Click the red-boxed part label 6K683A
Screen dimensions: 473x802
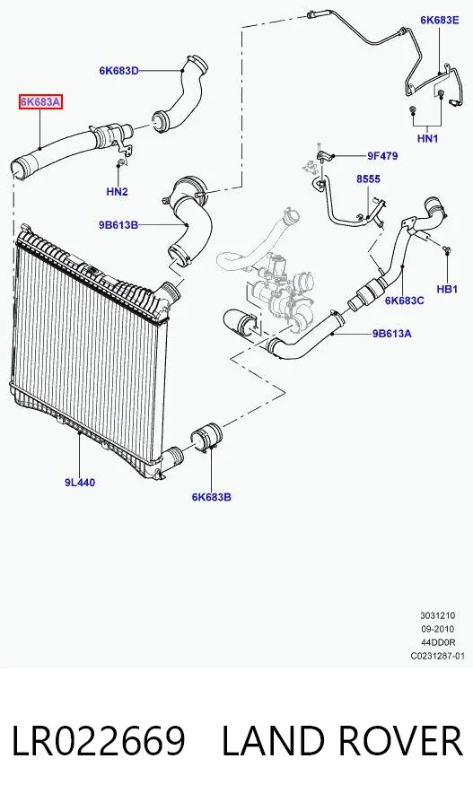point(41,102)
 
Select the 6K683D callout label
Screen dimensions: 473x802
point(118,71)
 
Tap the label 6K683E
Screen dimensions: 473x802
point(439,20)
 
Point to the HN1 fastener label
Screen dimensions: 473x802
point(427,138)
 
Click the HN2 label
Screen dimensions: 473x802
point(118,192)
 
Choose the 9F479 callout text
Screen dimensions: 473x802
point(381,156)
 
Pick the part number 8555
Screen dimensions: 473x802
point(369,179)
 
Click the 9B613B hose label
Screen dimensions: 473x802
point(118,224)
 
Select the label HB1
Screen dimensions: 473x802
point(447,290)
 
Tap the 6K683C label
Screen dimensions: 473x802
point(405,301)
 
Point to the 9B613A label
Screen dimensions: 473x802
point(391,334)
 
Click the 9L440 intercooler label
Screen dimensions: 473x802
point(80,483)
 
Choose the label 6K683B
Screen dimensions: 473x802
point(212,497)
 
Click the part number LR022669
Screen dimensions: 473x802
point(98,741)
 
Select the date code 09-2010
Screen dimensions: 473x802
point(438,629)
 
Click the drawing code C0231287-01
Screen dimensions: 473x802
point(438,656)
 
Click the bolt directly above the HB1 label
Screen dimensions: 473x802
point(447,250)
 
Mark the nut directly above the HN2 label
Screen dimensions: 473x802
point(118,163)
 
